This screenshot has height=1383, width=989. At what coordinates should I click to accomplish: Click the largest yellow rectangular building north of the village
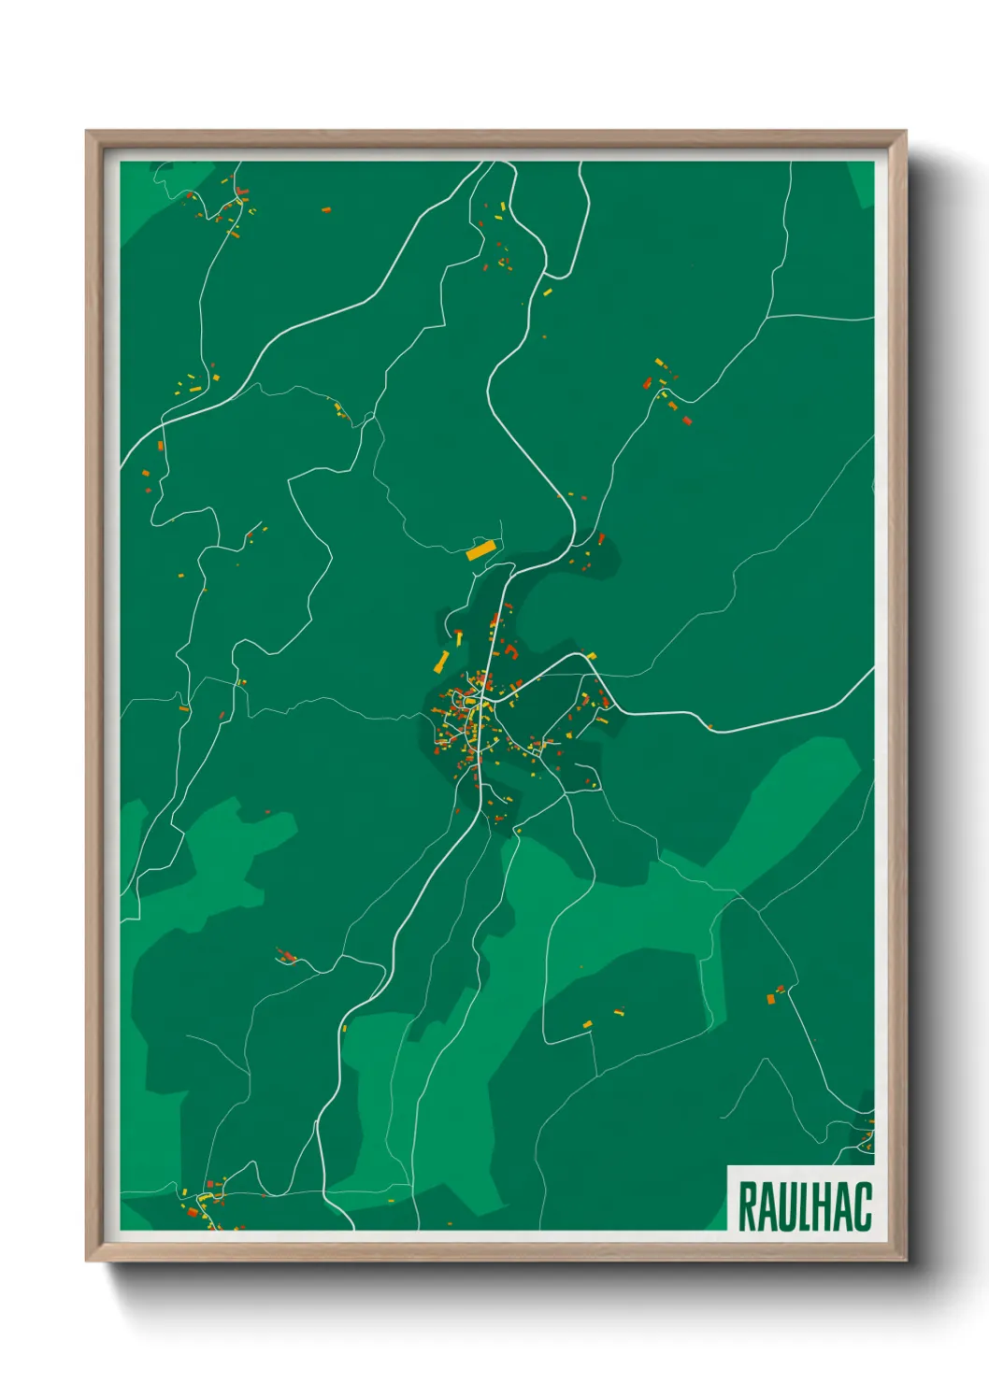pos(480,550)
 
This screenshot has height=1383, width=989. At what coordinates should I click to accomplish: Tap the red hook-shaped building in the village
pos(510,649)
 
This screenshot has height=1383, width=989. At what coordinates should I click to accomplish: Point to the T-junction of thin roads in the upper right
pos(768,316)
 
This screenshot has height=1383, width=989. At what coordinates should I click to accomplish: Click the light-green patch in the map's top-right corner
pos(862,182)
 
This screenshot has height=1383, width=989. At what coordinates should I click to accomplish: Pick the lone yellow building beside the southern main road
pos(345,1028)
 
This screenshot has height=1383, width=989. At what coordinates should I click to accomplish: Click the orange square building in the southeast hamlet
pos(771,999)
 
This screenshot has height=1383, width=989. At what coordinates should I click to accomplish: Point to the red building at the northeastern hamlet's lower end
pos(687,421)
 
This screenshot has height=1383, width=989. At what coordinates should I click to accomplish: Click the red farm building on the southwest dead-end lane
pos(288,957)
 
